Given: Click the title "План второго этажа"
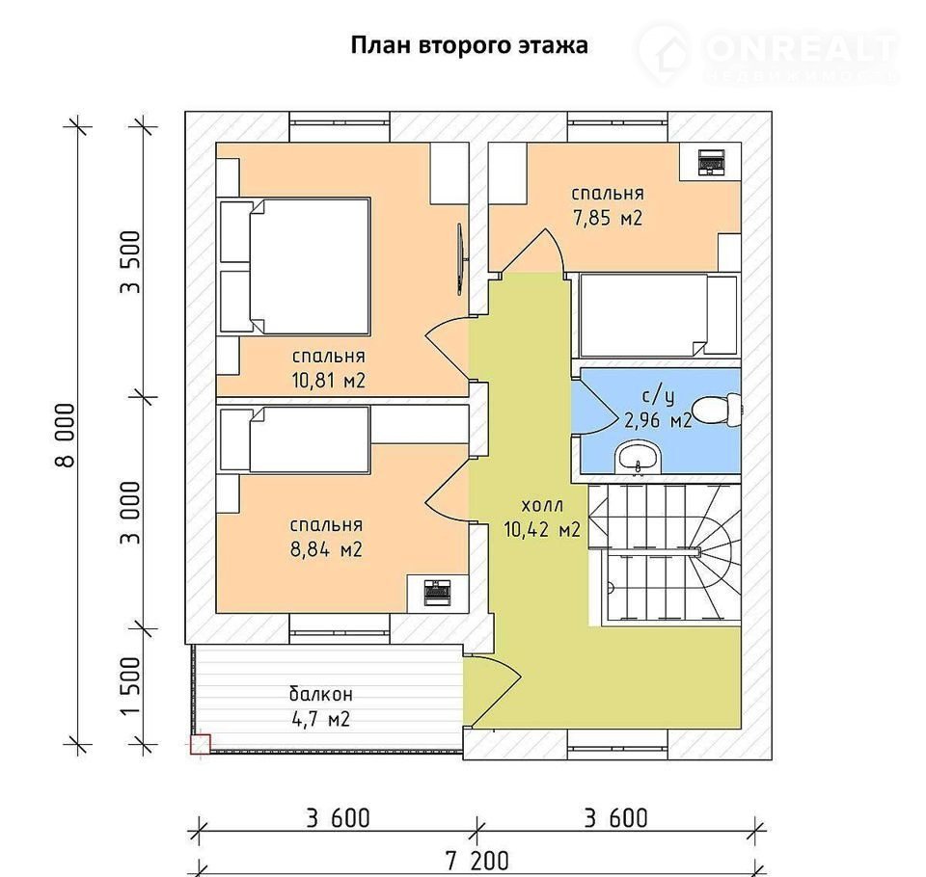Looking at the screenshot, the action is tap(470, 46).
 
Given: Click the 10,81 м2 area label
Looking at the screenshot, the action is tap(328, 381).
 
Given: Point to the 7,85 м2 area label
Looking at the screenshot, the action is tap(608, 219).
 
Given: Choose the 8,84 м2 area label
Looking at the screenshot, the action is tap(326, 550).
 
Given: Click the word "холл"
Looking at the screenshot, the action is tap(542, 506).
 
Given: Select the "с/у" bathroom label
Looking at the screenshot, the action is tap(658, 398).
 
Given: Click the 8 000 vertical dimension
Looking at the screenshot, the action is tap(66, 435).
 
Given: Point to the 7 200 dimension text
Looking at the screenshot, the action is tap(477, 861).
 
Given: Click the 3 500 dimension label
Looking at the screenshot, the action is tap(131, 262).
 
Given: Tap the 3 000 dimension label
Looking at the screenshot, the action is tap(131, 513).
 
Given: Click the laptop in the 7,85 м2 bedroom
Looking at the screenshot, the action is tap(711, 162).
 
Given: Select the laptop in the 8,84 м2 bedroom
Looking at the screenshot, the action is tap(438, 593).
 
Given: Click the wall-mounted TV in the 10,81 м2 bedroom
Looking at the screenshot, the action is tap(461, 258).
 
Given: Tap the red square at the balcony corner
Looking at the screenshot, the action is tap(201, 744).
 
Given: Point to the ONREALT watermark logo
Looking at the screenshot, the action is tap(768, 54).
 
